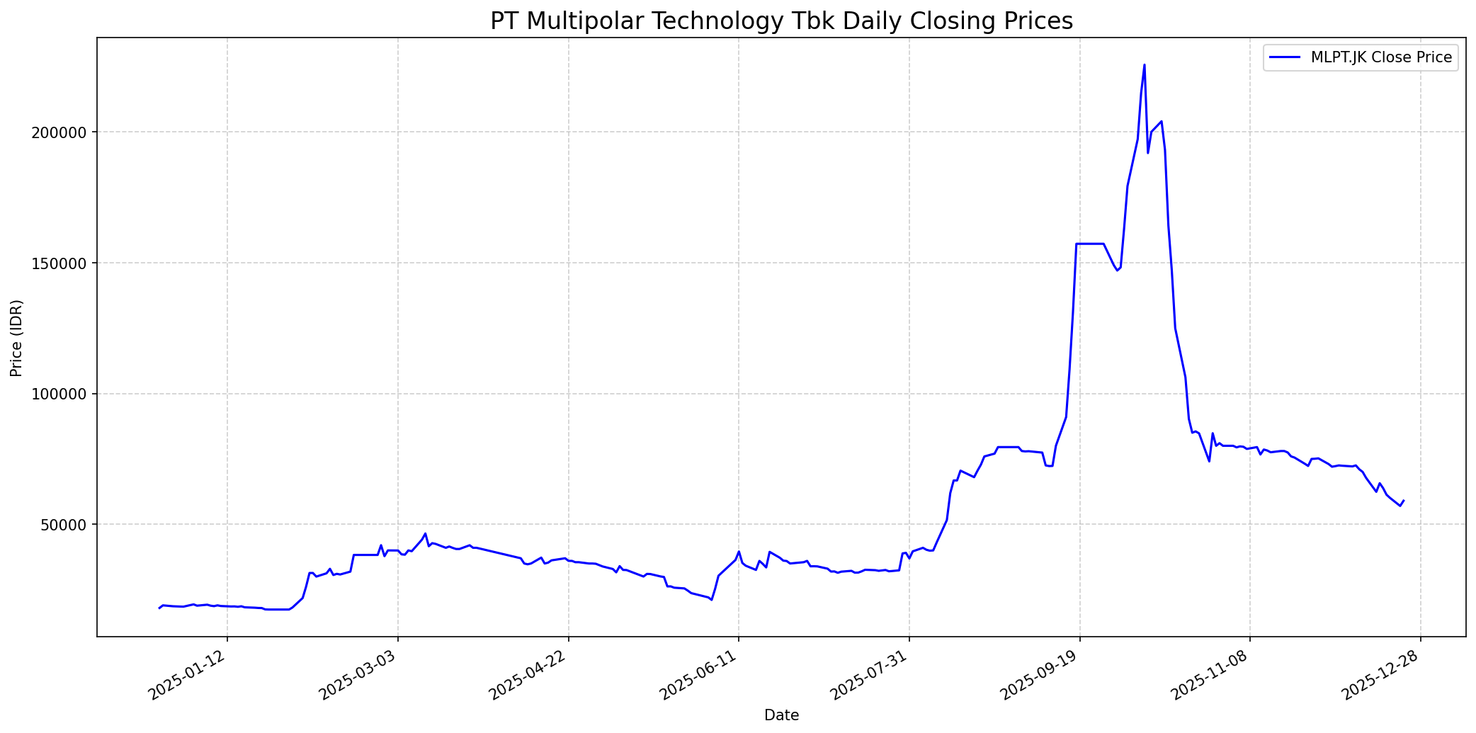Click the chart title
coord(781,21)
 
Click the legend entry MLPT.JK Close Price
coord(1381,57)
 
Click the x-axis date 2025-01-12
coord(188,676)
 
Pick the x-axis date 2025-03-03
coord(359,676)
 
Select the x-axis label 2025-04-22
coord(530,676)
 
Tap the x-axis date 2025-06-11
coord(700,676)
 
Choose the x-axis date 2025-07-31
coord(870,676)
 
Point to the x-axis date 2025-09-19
coord(1041,676)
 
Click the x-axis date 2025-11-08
coord(1212,676)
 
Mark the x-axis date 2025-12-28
coord(1383,676)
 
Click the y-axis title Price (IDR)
coord(16,338)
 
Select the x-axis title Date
coord(781,716)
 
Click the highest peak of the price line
coord(1145,65)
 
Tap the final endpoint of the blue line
coord(1404,500)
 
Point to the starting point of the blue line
coord(159,608)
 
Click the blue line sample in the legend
coord(1285,57)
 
